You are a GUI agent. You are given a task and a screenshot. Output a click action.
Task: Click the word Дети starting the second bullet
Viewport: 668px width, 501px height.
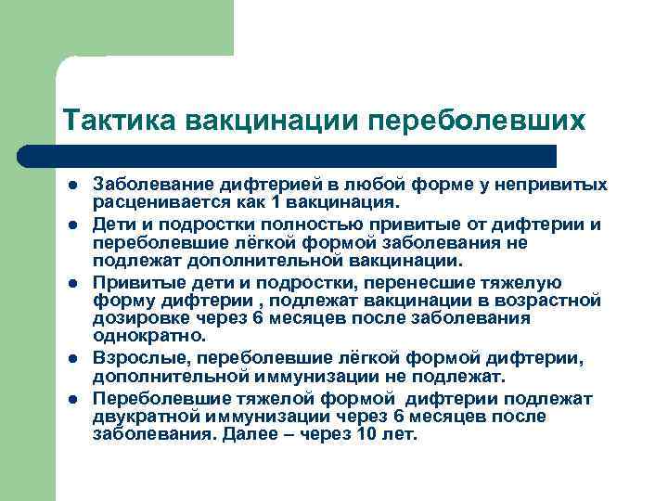[112, 224]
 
